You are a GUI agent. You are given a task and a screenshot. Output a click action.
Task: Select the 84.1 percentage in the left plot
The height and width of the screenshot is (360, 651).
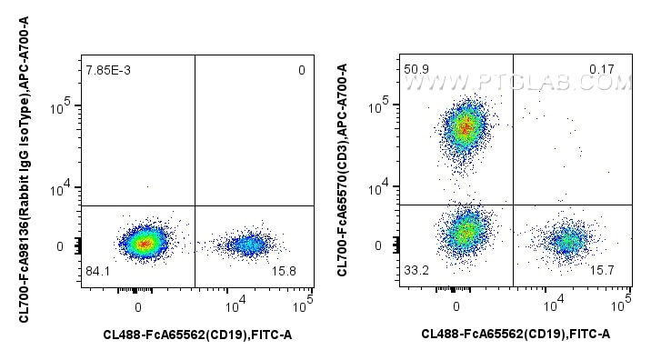tap(96, 271)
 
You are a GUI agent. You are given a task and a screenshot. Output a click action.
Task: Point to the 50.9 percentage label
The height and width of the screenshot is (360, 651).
tap(415, 68)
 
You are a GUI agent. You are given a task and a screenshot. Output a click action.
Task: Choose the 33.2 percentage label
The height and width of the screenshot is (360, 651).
tap(415, 270)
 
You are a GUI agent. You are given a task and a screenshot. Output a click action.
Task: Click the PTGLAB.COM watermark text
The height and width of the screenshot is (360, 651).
tap(518, 83)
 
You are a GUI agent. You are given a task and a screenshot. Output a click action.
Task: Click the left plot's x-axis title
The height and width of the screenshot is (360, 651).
tap(197, 335)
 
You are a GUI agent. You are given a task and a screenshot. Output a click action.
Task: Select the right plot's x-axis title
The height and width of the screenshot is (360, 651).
tap(516, 335)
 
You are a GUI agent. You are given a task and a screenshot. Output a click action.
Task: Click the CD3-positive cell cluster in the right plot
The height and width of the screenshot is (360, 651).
tap(465, 127)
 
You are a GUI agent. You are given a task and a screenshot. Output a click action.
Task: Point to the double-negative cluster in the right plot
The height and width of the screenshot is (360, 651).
tap(466, 233)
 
